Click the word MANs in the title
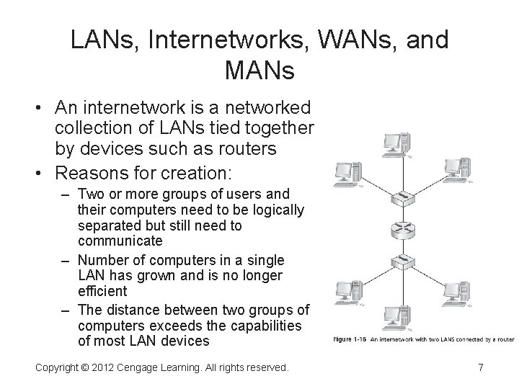point(259,70)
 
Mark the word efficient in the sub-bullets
point(102,291)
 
